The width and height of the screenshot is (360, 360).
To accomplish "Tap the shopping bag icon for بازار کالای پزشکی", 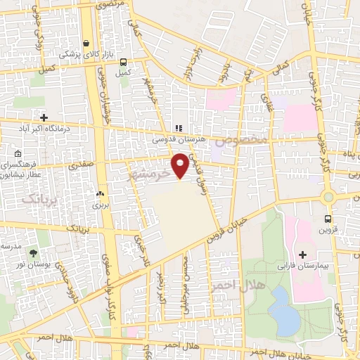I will point(86,42).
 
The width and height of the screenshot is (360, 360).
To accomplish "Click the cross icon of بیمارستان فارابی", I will point(303,254).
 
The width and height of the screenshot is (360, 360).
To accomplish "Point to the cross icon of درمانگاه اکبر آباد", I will point(44,117).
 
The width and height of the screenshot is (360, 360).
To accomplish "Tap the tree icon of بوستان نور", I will point(33,252).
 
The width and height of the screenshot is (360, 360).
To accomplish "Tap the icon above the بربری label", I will point(99,194).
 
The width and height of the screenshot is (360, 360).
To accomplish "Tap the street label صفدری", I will point(80,164).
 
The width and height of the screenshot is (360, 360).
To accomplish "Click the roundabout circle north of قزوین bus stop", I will point(328,198).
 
